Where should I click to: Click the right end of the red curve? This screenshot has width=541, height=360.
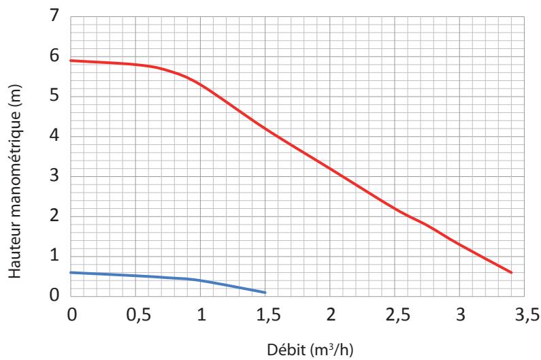pos(511,272)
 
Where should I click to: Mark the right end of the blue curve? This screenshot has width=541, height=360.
pos(265,293)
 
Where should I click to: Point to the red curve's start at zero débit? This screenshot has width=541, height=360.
pos(71,61)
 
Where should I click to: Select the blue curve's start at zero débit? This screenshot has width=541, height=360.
pos(71,272)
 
